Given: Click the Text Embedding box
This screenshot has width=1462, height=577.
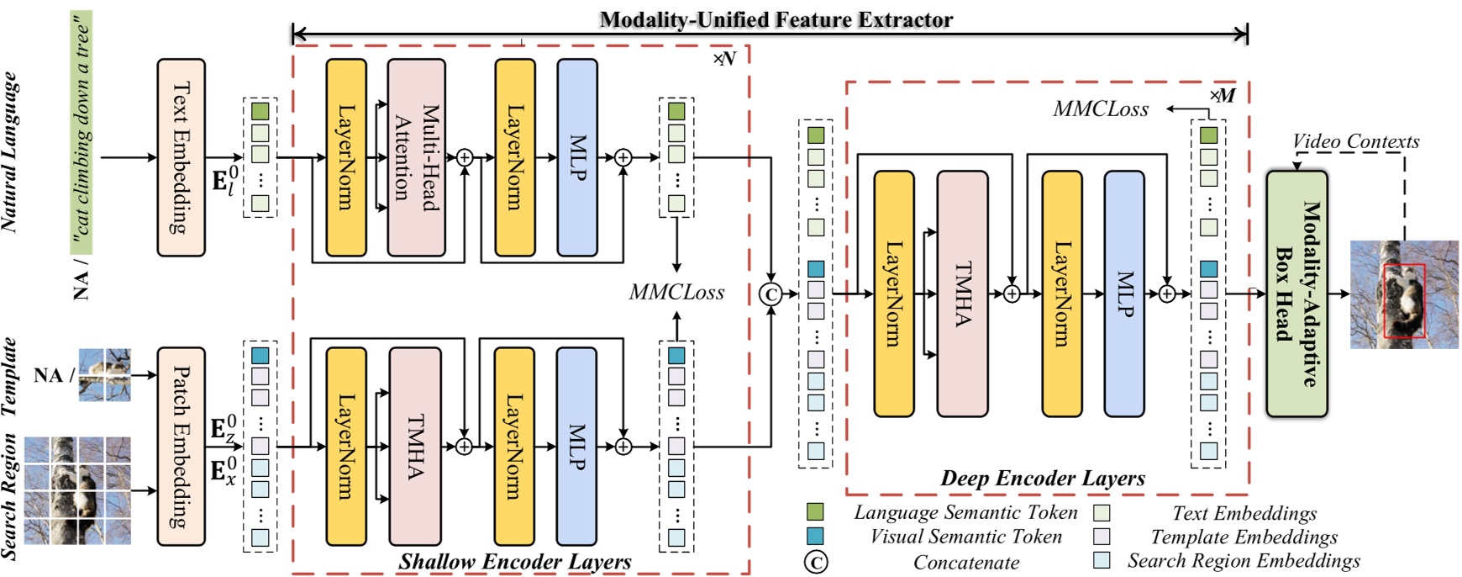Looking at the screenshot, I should [181, 157].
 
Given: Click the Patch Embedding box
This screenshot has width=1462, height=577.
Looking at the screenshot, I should [181, 446].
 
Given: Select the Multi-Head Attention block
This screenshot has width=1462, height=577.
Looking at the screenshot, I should [416, 157].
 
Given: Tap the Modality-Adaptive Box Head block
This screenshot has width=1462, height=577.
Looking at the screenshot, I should [1296, 294].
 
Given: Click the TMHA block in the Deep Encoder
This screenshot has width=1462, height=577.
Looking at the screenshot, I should [962, 294].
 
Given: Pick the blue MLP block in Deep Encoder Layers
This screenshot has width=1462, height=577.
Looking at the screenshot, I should [1124, 294].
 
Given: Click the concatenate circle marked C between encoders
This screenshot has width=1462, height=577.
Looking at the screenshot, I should [770, 294].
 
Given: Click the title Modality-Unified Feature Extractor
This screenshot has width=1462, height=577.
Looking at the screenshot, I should [776, 19].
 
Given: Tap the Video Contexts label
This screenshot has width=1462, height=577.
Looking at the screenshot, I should [1355, 141].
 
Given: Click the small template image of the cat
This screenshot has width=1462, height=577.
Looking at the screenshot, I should [104, 374].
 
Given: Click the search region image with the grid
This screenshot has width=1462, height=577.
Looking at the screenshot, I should [77, 490].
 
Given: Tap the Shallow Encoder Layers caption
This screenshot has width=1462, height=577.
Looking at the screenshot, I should [515, 561].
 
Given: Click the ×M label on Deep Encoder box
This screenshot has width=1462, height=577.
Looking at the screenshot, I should [1223, 95].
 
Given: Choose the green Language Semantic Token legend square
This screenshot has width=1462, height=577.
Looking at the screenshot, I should [814, 512].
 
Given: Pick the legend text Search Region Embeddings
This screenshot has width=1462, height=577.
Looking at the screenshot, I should [1244, 560].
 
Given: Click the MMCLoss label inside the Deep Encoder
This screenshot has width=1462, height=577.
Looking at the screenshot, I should [1101, 109].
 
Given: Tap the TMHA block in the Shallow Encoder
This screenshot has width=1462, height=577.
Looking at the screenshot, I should [415, 446].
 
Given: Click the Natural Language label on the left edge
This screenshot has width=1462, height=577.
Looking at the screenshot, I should [10, 151].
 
